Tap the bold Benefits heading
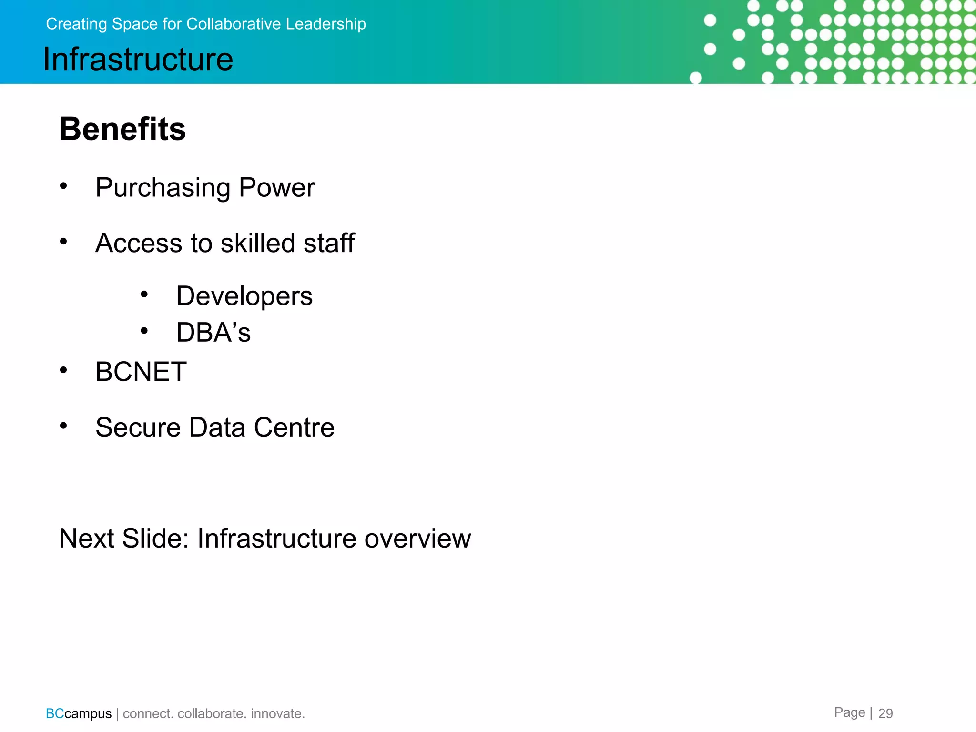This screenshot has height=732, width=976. coord(122,129)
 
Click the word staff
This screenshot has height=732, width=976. coord(329,243)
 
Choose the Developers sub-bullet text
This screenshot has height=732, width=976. coord(244,296)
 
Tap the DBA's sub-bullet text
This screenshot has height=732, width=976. coord(213,333)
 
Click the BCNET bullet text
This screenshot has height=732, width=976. coord(141,372)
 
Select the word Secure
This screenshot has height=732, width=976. coord(138,427)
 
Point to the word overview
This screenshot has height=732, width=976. coord(417,539)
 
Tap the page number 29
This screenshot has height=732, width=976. coord(885,713)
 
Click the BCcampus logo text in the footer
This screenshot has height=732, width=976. coord(79,713)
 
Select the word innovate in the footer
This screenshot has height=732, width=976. coord(277,713)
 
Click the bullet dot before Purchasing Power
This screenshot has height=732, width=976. coord(63,186)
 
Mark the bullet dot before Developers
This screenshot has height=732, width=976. coord(144,295)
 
